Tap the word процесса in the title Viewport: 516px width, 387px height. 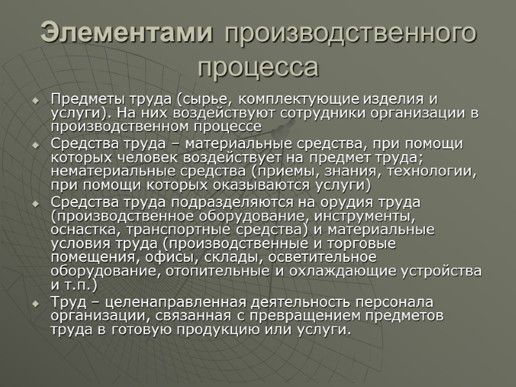coord(258,66)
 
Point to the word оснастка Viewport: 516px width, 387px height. coord(80,230)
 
